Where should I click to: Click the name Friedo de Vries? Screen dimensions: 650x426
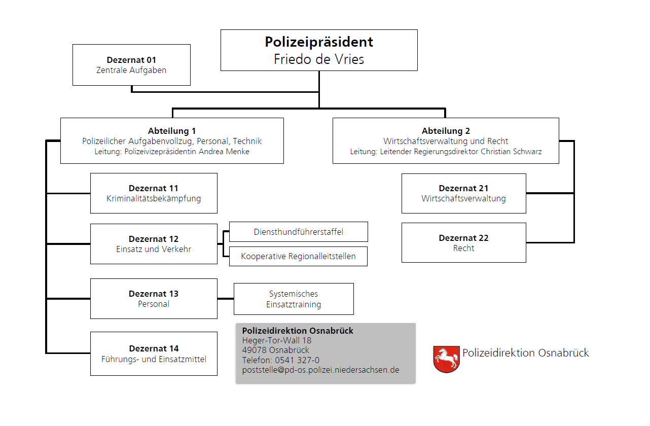click(319, 59)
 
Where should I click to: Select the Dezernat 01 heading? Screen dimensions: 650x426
click(131, 60)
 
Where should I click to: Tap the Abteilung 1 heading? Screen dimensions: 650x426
click(172, 131)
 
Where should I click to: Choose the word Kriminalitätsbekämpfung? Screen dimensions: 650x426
click(154, 198)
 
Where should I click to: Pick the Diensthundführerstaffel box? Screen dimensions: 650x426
click(299, 232)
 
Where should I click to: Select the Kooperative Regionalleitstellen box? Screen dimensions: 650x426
click(298, 256)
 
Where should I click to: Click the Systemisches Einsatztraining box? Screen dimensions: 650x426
click(294, 299)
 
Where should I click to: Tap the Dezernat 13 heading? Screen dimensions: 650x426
click(154, 294)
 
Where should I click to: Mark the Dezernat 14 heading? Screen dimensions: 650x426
click(154, 348)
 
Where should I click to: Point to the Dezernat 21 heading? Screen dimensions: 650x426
click(463, 188)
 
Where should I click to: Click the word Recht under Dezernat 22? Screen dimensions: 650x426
click(463, 248)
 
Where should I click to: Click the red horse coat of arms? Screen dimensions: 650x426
click(446, 359)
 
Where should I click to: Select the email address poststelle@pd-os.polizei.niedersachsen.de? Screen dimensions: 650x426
click(320, 370)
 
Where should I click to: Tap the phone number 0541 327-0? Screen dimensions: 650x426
click(297, 360)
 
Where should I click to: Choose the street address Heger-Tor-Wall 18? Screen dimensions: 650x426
click(277, 340)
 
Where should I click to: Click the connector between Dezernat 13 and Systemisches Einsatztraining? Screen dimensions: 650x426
click(226, 299)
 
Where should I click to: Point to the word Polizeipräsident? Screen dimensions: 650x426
click(319, 42)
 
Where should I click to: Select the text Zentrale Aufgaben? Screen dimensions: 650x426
click(131, 70)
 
